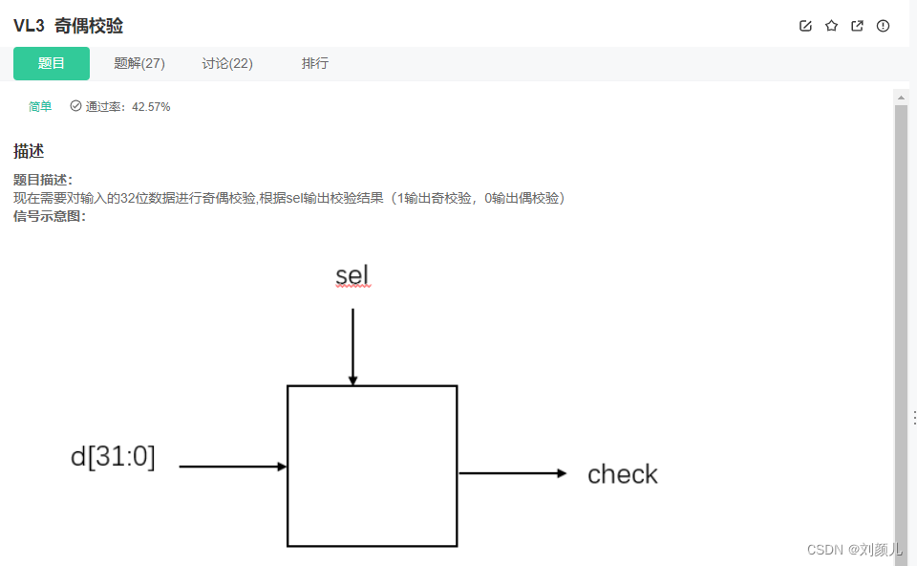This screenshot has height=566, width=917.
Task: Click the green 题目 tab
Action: [x=52, y=64]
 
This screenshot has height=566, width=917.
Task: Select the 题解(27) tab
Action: [x=139, y=64]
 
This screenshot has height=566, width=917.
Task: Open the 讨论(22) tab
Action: [x=227, y=64]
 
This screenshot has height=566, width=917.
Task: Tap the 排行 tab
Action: [x=315, y=64]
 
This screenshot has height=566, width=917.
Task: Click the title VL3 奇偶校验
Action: [x=69, y=26]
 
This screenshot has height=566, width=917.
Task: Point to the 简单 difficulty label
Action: [x=40, y=107]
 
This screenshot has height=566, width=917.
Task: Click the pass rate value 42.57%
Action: [x=151, y=107]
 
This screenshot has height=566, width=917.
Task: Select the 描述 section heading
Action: [x=29, y=151]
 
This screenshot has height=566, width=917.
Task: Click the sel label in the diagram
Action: [x=352, y=276]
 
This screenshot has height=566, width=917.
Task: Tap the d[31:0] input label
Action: [x=113, y=457]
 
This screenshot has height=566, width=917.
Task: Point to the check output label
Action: [x=623, y=474]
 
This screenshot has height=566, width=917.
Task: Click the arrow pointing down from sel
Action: [x=352, y=345]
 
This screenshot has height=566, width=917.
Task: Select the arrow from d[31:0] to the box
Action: [x=233, y=467]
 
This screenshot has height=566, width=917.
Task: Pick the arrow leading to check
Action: [x=513, y=473]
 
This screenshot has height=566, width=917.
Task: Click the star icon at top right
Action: [x=831, y=26]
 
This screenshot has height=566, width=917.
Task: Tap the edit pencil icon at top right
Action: [x=805, y=26]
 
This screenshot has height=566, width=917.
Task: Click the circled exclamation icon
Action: [x=883, y=26]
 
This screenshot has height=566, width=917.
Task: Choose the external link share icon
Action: [x=857, y=26]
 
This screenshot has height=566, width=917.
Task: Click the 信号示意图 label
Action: [x=50, y=216]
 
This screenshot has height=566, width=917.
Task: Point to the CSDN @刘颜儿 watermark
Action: [x=855, y=549]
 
